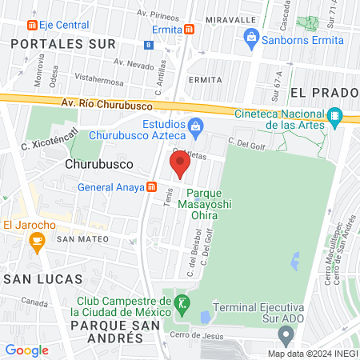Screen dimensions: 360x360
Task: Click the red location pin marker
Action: (180, 165)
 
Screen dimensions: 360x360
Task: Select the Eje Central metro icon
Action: (32, 26)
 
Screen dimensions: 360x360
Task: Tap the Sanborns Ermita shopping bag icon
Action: (251, 36)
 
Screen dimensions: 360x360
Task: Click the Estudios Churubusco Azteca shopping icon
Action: (194, 126)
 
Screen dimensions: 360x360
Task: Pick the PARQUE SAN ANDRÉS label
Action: (106, 332)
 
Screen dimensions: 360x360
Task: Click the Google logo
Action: (27, 350)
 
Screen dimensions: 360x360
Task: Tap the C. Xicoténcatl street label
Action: (49, 140)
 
